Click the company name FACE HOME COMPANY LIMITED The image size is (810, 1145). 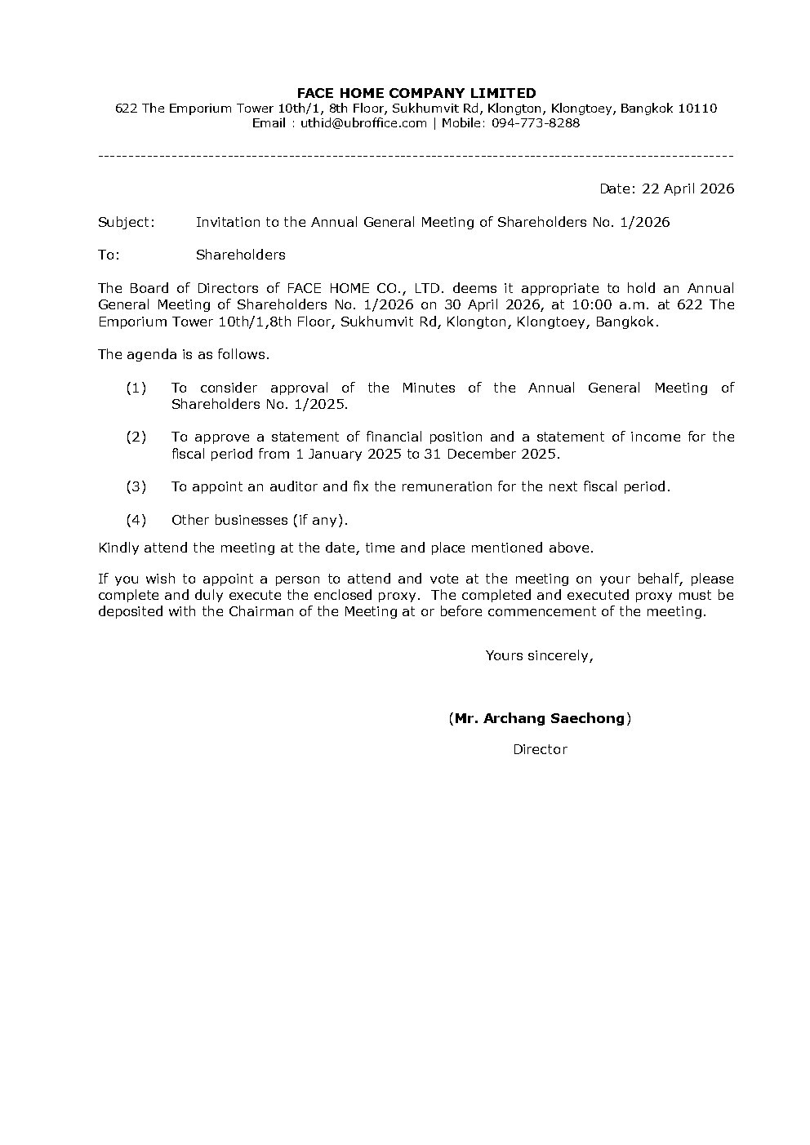pos(416,93)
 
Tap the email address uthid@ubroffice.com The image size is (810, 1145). pos(363,123)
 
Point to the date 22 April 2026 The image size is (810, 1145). pos(688,189)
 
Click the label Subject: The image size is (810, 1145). pos(126,222)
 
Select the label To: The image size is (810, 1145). pos(109,255)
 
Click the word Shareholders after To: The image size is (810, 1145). pos(240,255)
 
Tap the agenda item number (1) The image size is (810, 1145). pos(136,388)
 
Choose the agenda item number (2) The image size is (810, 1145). pos(136,437)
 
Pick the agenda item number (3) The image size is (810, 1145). pos(136,486)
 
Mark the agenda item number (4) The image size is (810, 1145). pos(136,520)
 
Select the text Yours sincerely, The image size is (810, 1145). pos(539,655)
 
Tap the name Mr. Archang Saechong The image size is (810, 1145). pos(540,719)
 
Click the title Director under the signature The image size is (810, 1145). pos(540,749)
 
